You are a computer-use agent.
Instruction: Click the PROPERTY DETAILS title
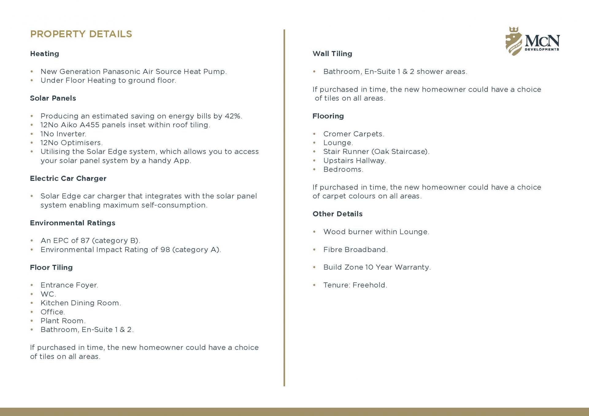[81, 34]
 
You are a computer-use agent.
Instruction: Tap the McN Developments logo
[532, 41]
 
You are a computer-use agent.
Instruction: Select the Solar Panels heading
[53, 98]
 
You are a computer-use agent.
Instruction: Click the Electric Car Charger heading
[68, 178]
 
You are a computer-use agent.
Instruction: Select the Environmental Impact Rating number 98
[165, 250]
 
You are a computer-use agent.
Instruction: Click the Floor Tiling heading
[51, 267]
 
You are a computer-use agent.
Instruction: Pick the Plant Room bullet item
[63, 321]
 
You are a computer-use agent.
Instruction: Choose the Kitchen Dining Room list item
[81, 303]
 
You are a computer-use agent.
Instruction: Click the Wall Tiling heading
[332, 54]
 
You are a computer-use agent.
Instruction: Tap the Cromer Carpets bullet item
[353, 134]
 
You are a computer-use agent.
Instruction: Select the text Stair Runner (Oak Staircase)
[376, 152]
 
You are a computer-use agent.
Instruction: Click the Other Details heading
[337, 214]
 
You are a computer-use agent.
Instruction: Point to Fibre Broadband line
[355, 250]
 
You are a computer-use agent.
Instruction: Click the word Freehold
[370, 285]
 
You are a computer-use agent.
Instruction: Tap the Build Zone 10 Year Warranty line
[377, 267]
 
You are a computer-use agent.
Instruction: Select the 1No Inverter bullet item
[63, 134]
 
